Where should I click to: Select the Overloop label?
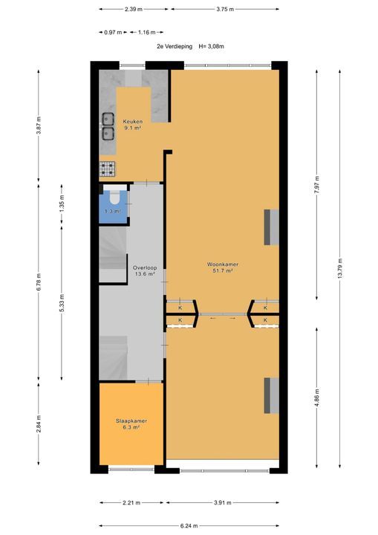pos(144,267)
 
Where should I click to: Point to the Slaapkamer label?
pos(131,421)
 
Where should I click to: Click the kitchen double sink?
pos(108,126)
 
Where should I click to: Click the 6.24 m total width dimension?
pos(189,525)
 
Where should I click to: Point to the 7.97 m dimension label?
pos(317,184)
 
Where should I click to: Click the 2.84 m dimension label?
pos(39,428)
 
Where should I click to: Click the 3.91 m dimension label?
pos(223,502)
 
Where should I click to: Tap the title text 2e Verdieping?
pos(174,46)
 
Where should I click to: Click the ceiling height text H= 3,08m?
pos(210,46)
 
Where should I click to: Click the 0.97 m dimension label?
pos(112,33)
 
